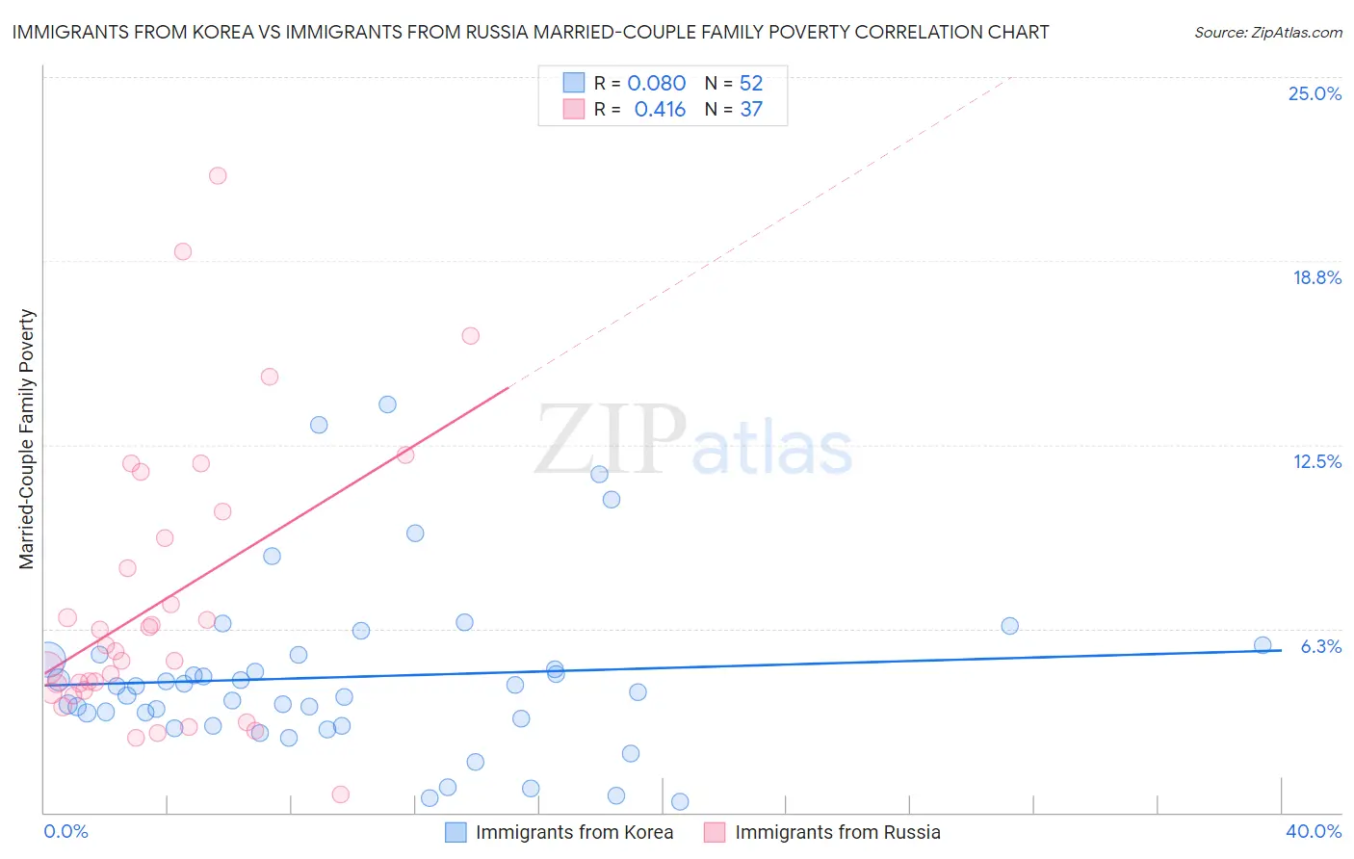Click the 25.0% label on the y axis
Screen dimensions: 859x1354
tap(1315, 93)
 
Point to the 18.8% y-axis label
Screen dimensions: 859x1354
tap(1316, 277)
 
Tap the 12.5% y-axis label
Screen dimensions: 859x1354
tap(1316, 461)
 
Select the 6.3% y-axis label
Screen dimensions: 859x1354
tap(1320, 646)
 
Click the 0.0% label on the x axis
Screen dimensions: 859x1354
tap(66, 831)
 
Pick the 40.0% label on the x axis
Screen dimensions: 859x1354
tap(1314, 831)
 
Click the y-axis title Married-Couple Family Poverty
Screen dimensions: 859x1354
tap(27, 439)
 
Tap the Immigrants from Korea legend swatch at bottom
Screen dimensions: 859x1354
tap(456, 832)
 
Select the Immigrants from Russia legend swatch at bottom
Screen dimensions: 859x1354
tap(715, 832)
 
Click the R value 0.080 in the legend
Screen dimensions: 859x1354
tap(656, 84)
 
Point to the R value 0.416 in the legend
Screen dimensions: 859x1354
tap(660, 110)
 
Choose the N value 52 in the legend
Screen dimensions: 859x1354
tap(751, 84)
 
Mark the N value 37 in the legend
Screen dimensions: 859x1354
tap(751, 110)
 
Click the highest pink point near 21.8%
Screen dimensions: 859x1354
tap(218, 175)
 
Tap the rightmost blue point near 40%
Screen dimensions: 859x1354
tap(1263, 645)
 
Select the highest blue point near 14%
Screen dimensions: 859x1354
tap(387, 404)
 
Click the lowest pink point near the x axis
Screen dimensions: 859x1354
tap(340, 794)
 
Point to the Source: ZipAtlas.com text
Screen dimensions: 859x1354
tap(1267, 33)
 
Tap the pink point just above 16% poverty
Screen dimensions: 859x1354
tap(471, 336)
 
